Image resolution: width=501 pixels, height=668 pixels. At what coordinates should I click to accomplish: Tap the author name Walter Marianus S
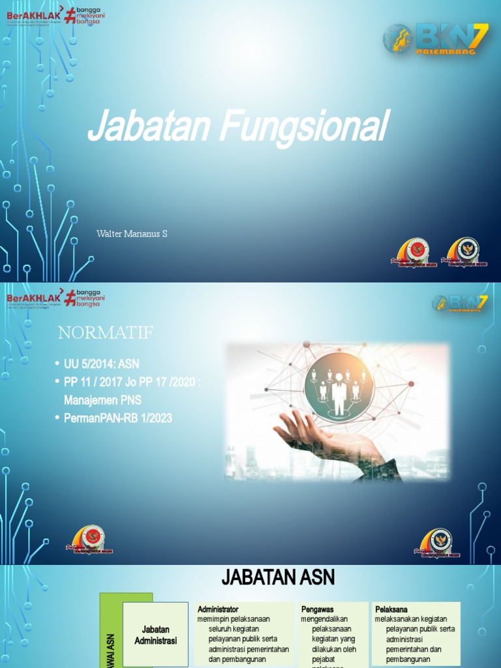(x=132, y=234)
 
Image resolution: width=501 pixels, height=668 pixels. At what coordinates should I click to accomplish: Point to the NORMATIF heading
(x=105, y=333)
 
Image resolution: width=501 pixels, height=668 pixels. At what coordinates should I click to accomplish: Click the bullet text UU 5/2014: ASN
(x=101, y=364)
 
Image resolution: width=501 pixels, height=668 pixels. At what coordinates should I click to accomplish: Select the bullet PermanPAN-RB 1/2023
(x=118, y=418)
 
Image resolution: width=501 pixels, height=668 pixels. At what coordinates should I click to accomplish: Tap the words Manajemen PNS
(x=102, y=400)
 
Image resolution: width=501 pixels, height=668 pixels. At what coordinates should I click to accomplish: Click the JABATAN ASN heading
(x=278, y=577)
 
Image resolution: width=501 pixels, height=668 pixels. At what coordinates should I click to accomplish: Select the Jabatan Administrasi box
(x=155, y=635)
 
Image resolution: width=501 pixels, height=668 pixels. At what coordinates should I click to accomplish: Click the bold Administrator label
(x=218, y=609)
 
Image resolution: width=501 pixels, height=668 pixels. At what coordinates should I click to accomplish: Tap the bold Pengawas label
(x=318, y=609)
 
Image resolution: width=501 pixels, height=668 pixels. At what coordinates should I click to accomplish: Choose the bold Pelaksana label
(x=391, y=609)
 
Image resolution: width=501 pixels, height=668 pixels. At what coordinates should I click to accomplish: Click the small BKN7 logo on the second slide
(x=460, y=303)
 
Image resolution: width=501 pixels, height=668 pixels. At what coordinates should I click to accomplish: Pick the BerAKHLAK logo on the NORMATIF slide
(x=33, y=298)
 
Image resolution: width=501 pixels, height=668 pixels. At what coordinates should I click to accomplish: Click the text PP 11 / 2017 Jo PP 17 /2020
(x=132, y=382)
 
